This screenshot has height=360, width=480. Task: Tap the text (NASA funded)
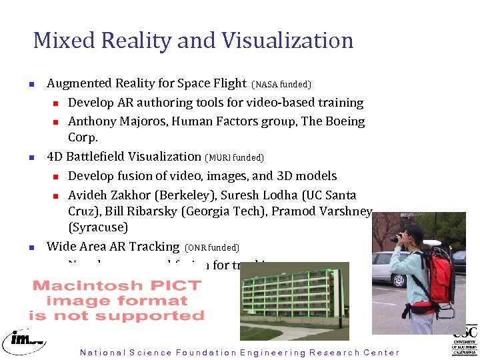(x=281, y=85)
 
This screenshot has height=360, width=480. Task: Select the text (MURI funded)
(x=235, y=158)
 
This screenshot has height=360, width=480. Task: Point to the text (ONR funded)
(x=211, y=248)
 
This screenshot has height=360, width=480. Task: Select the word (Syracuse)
(x=98, y=227)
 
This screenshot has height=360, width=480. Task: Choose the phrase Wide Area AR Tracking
(x=113, y=247)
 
